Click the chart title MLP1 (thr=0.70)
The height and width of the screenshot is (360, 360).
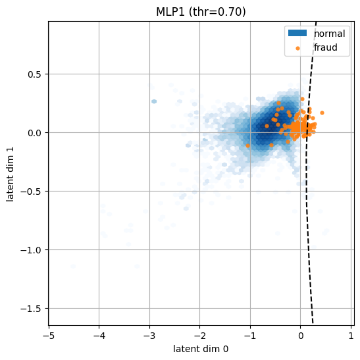tap(201, 12)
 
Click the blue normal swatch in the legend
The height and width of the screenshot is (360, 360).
tap(297, 33)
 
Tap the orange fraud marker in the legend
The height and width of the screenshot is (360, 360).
tap(297, 48)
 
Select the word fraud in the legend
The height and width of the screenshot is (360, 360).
tap(326, 47)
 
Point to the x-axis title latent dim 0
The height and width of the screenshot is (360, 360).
tap(201, 349)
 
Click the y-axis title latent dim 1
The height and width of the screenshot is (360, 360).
tap(11, 174)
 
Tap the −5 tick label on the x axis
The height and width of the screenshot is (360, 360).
tap(49, 336)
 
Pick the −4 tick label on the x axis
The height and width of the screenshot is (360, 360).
tap(99, 336)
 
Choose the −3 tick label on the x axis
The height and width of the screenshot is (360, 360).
tap(149, 336)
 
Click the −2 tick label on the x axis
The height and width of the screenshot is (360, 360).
tap(200, 336)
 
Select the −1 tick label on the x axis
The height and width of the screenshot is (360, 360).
tap(250, 336)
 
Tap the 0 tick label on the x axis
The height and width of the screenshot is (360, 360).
tap(301, 336)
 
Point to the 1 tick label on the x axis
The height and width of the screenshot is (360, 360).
tap(351, 336)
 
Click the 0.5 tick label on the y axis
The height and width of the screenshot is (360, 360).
tap(35, 74)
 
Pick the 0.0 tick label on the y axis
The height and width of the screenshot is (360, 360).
tap(35, 133)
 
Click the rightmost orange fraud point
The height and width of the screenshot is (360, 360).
tap(322, 113)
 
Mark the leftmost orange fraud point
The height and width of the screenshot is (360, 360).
tap(247, 146)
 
